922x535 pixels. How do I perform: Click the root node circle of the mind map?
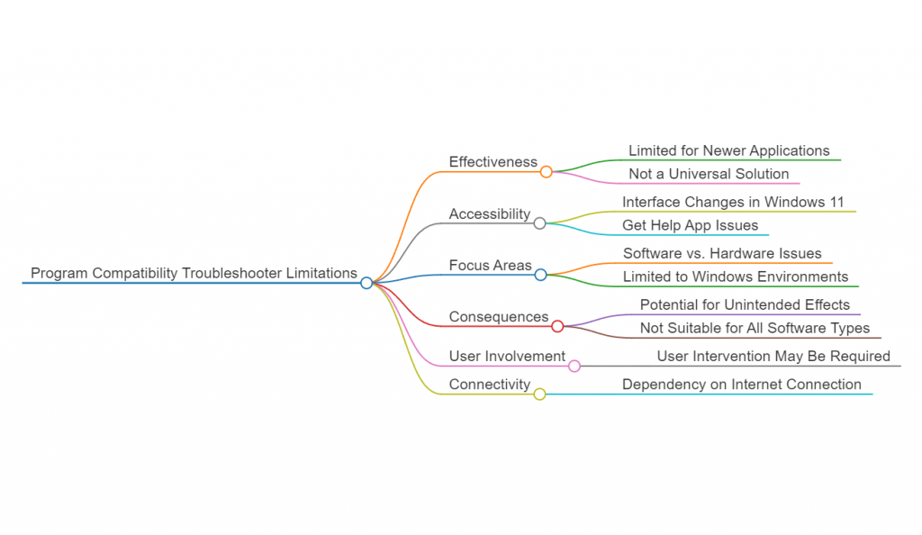click(366, 283)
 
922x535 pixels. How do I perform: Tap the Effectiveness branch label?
click(493, 162)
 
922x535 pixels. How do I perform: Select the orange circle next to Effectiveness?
click(547, 171)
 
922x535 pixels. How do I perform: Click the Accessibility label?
click(490, 214)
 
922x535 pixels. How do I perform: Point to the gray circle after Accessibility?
click(539, 223)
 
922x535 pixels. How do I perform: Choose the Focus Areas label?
click(491, 266)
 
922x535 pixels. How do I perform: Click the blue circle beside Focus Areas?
click(540, 275)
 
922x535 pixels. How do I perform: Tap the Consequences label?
click(499, 317)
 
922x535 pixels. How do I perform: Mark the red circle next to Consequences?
click(557, 326)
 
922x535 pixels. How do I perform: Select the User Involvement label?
click(507, 357)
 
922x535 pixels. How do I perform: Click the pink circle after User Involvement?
click(574, 366)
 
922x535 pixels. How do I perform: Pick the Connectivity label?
click(490, 385)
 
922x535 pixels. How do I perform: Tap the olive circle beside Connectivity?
click(539, 394)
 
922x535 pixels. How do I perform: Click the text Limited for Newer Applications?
click(728, 150)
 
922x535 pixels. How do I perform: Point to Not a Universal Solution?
click(709, 174)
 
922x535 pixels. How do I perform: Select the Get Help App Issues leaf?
click(690, 225)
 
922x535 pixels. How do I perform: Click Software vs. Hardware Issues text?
click(722, 254)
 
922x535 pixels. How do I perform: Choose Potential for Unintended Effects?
click(745, 305)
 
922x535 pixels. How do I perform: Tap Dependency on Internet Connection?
click(741, 385)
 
